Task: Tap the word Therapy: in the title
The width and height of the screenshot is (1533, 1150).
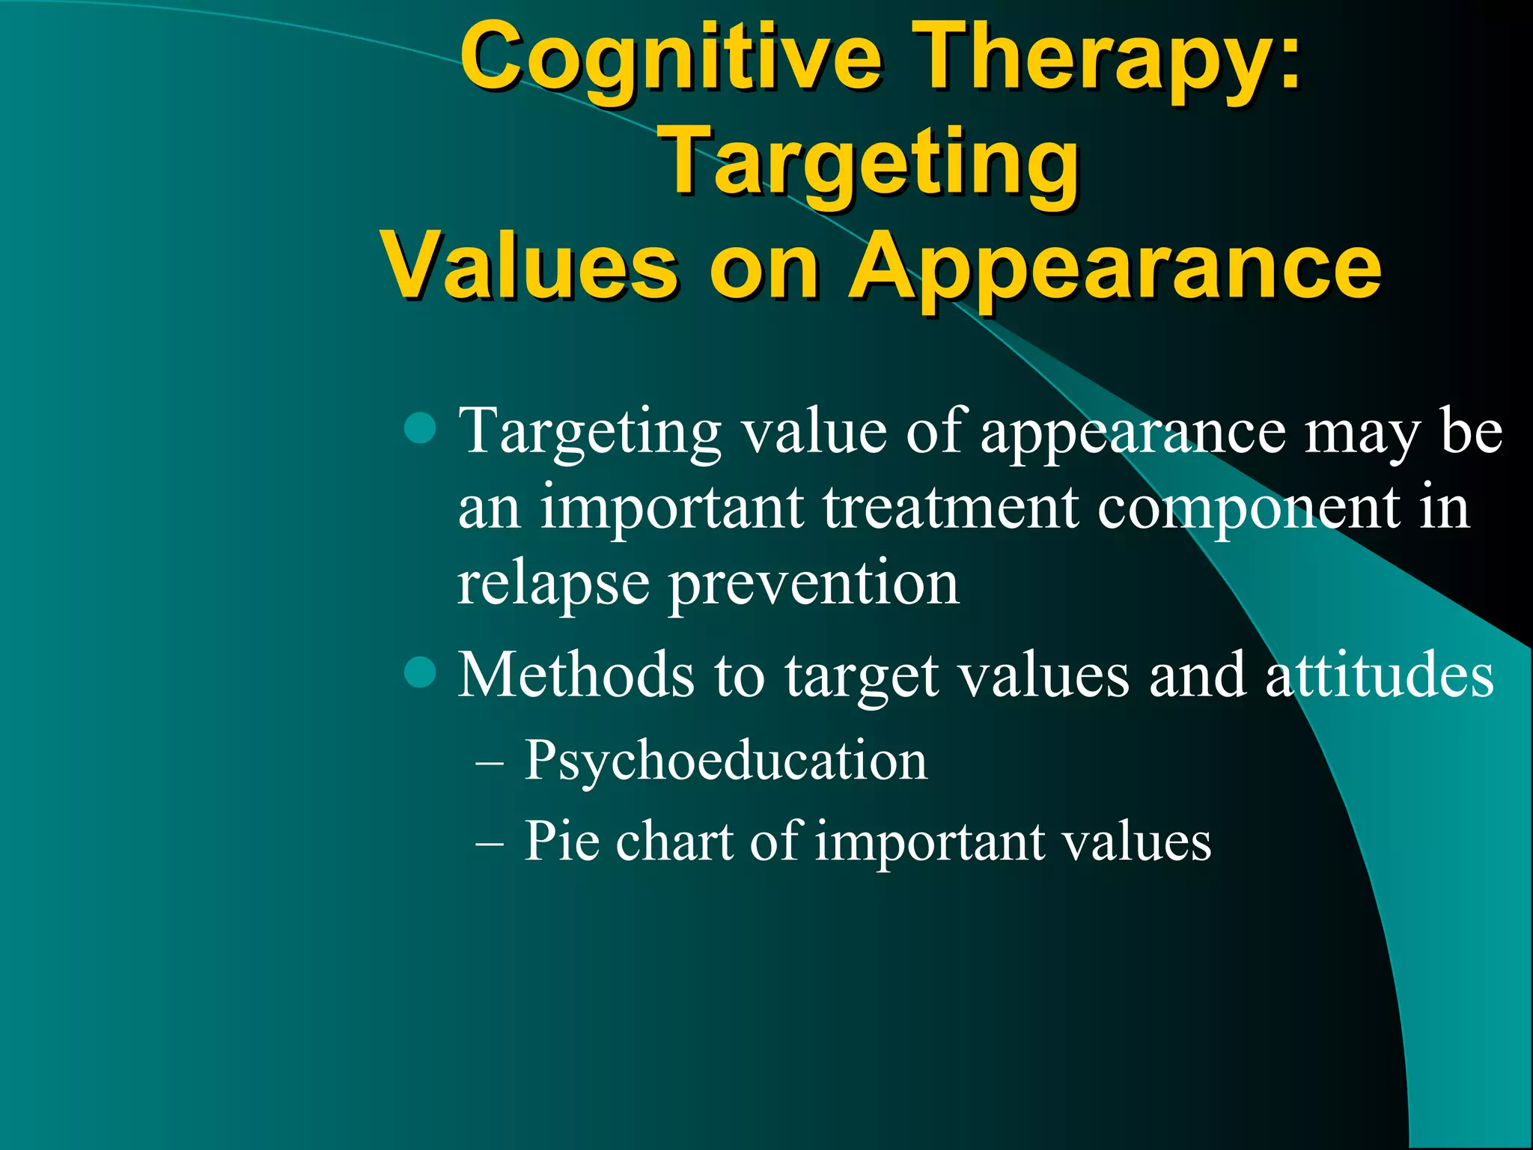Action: (x=1108, y=60)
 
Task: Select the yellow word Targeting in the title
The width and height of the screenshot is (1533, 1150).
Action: (x=872, y=165)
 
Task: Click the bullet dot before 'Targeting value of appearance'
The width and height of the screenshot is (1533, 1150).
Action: (x=420, y=428)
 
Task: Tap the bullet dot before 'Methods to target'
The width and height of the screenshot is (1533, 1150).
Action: (x=420, y=672)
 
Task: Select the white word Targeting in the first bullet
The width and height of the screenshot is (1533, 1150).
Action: (x=589, y=432)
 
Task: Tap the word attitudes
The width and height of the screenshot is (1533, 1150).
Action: (x=1380, y=675)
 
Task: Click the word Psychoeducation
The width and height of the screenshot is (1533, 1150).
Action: (x=725, y=761)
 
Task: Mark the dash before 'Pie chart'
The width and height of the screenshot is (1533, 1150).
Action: (x=490, y=845)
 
